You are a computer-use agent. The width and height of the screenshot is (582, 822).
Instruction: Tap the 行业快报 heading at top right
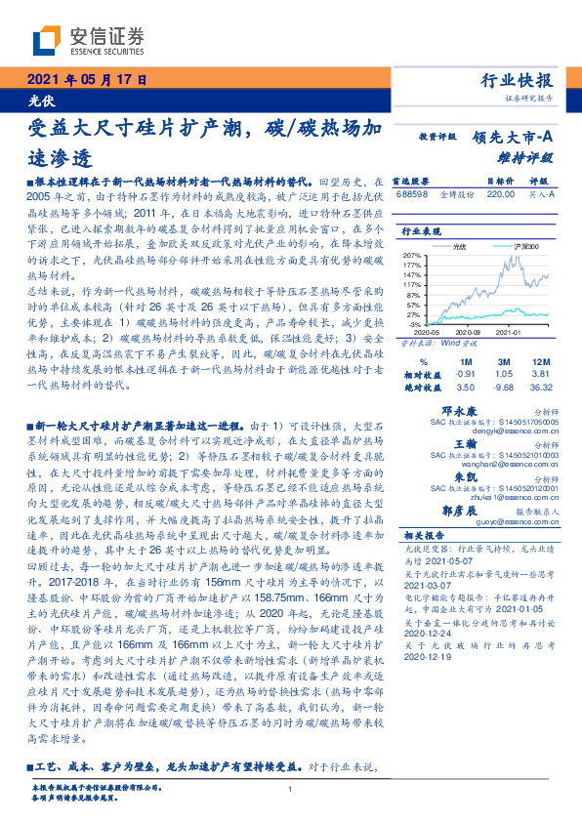click(x=519, y=80)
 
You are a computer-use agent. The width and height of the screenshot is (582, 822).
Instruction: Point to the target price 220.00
click(x=501, y=194)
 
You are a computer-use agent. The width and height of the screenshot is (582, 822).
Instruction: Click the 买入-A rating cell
click(x=542, y=194)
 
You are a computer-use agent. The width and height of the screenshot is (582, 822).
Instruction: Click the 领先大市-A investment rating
click(x=514, y=138)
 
